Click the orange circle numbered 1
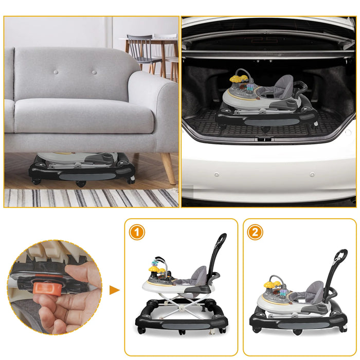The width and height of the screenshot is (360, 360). pos(136,232)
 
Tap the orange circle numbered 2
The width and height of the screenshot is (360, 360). pos(255,232)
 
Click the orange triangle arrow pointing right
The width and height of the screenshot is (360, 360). pos(114,290)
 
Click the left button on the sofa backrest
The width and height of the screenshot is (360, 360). pos(56,71)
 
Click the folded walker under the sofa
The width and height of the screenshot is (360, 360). pos(82,167)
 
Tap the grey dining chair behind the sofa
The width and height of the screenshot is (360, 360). pos(142,49)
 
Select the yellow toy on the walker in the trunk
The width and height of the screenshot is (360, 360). pos(238,79)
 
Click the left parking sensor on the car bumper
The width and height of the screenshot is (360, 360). pos(217,174)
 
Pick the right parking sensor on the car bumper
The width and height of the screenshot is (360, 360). pos(312,175)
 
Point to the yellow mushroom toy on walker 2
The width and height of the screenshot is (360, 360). pos(271,284)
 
